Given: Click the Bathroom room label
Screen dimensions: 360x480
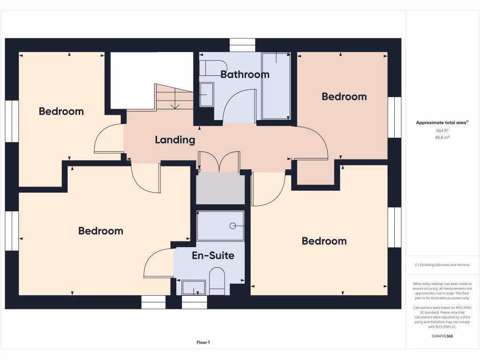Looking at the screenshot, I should point(245,75).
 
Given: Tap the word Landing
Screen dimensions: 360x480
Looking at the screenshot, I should point(175,140).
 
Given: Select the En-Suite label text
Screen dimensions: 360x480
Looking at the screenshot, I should point(213,255).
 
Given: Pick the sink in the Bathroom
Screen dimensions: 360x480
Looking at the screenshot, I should point(206,95).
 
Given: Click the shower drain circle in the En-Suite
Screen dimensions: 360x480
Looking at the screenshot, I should point(232,226).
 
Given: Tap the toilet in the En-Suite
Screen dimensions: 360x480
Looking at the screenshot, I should point(217,281).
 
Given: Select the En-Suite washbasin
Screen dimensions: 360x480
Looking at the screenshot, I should point(193,287).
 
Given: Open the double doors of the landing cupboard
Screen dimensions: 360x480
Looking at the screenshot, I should point(218,162).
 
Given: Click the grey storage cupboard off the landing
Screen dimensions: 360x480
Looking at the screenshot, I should point(220,188).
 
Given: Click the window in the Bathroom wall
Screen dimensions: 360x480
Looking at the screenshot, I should point(242,45).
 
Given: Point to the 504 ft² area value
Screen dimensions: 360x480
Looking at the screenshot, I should point(442,130).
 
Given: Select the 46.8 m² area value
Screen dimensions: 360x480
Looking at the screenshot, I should point(442,138).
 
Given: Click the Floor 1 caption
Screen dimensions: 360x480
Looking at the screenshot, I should point(203,343).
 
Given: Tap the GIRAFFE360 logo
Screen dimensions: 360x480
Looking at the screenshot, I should point(442,336).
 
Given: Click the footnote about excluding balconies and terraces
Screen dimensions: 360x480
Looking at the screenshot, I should point(442,265).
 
